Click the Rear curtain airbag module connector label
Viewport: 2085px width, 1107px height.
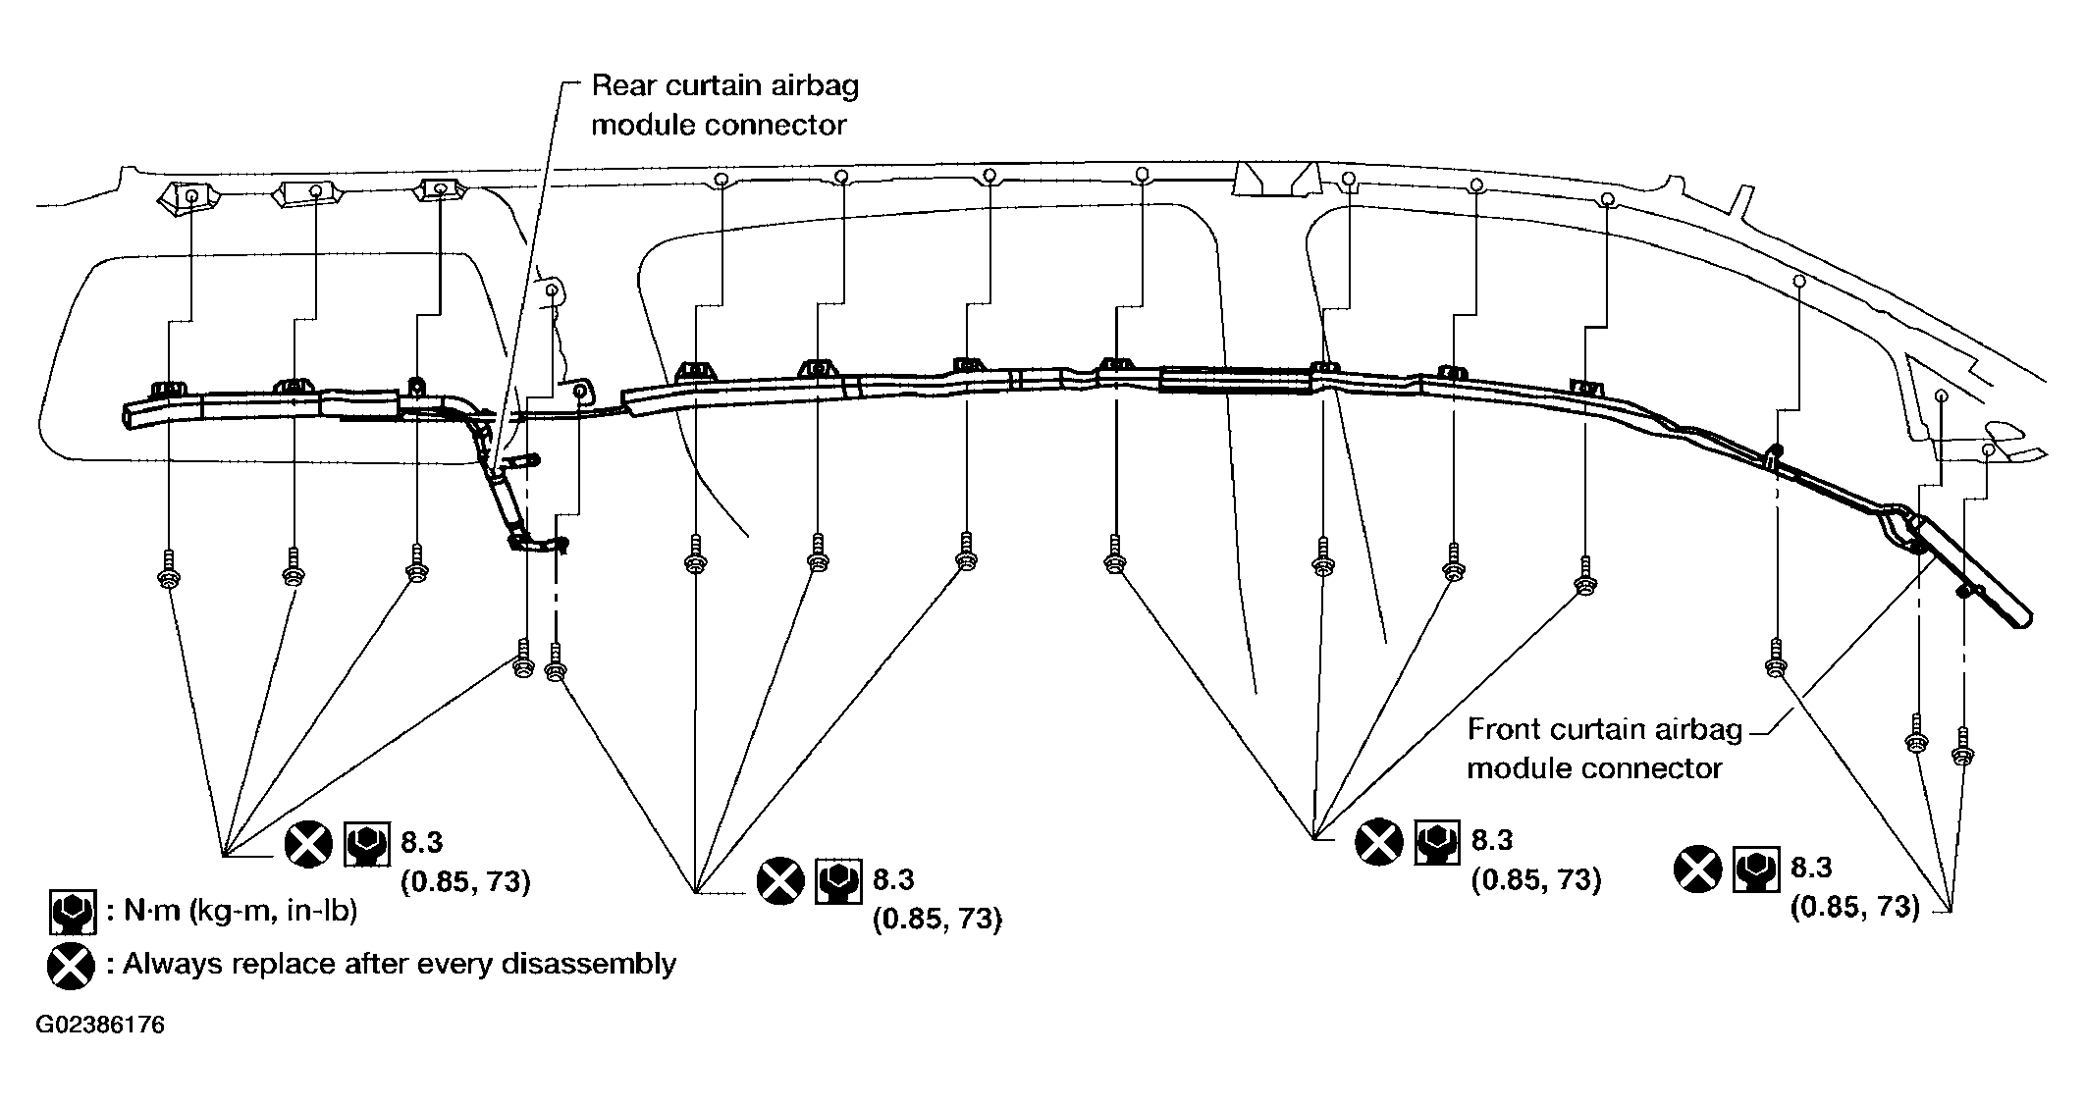(724, 105)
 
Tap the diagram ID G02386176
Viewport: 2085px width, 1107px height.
(100, 1026)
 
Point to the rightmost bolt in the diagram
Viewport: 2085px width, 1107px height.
(1963, 746)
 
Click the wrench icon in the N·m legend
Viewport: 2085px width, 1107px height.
(72, 912)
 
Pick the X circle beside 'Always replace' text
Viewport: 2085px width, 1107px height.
(71, 967)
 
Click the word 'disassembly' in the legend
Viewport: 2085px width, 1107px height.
(588, 965)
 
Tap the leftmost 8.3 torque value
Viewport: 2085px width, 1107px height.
(422, 842)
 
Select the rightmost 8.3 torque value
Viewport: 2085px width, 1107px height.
(1811, 868)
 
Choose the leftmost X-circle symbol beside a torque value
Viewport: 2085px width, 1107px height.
(309, 844)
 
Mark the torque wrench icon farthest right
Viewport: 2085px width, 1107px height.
(1756, 870)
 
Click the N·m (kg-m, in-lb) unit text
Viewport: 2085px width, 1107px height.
(240, 912)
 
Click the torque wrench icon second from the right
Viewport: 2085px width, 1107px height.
(1437, 842)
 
